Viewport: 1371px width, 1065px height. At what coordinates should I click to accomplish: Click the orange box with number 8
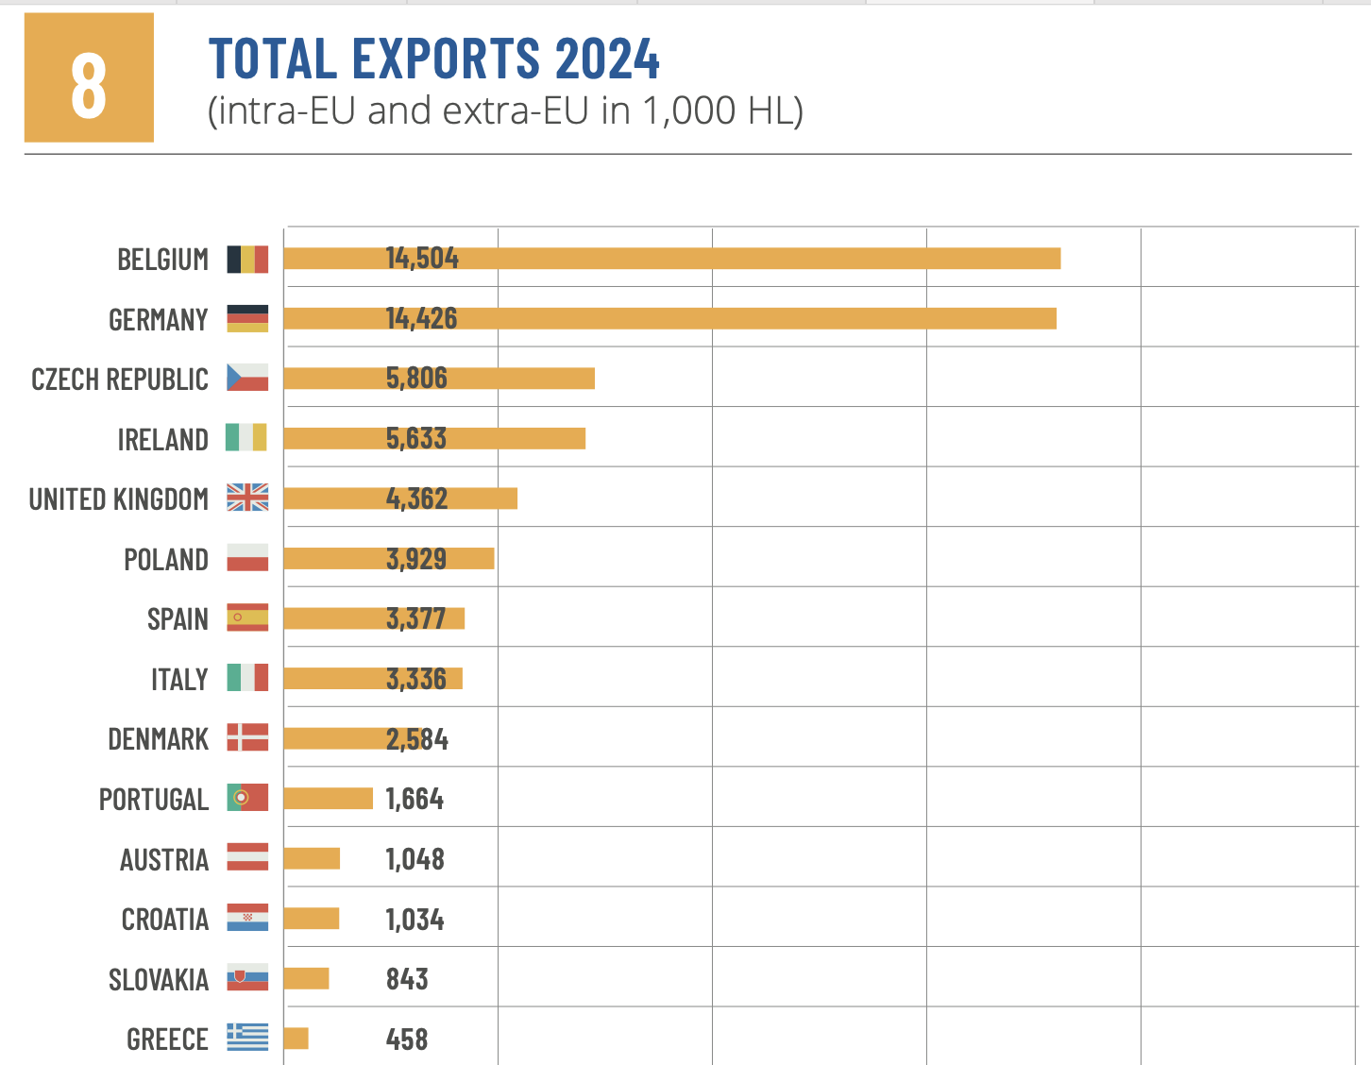click(x=89, y=77)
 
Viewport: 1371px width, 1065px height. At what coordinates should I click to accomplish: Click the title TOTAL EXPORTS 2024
click(x=433, y=59)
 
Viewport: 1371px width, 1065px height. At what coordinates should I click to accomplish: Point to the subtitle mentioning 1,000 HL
click(x=505, y=111)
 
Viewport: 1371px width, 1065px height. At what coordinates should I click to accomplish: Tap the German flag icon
click(x=247, y=319)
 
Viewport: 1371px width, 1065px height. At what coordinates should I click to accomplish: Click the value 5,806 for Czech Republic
click(x=416, y=379)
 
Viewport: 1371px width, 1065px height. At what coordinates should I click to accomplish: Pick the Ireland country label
click(x=162, y=440)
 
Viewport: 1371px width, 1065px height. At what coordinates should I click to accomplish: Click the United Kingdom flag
click(x=247, y=498)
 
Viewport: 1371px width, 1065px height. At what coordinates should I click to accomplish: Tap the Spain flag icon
click(x=247, y=617)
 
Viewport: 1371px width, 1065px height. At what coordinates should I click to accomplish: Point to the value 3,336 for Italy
click(x=416, y=679)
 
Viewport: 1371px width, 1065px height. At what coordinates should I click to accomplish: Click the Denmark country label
click(x=158, y=739)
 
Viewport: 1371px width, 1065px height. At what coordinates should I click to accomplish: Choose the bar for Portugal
click(x=328, y=799)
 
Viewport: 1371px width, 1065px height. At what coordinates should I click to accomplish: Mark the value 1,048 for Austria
click(x=415, y=859)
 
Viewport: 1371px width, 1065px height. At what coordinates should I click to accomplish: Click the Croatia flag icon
click(x=247, y=918)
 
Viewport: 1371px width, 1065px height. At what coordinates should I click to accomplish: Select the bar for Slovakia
click(x=306, y=978)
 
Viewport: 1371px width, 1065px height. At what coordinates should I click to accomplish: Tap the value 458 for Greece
click(x=407, y=1040)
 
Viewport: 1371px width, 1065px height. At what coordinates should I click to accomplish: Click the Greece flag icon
click(x=247, y=1038)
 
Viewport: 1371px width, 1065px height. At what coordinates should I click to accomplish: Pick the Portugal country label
click(x=154, y=800)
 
